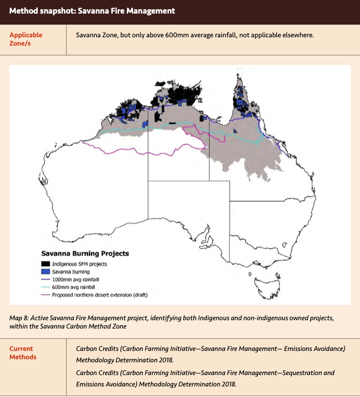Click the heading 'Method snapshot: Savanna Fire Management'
coord(92,11)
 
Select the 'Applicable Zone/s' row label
coord(26,39)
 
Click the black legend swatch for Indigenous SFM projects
coord(45,264)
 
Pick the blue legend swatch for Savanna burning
coord(45,272)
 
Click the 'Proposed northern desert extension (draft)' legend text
coord(100,295)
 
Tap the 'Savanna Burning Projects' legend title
coord(85,254)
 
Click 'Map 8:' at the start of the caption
coord(19,318)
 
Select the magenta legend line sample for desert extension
coord(45,295)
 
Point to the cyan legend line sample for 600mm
coord(45,287)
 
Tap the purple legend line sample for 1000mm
coord(45,279)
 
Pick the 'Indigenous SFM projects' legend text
coord(79,264)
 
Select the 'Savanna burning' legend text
coord(71,272)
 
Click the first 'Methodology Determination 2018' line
coord(125,360)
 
